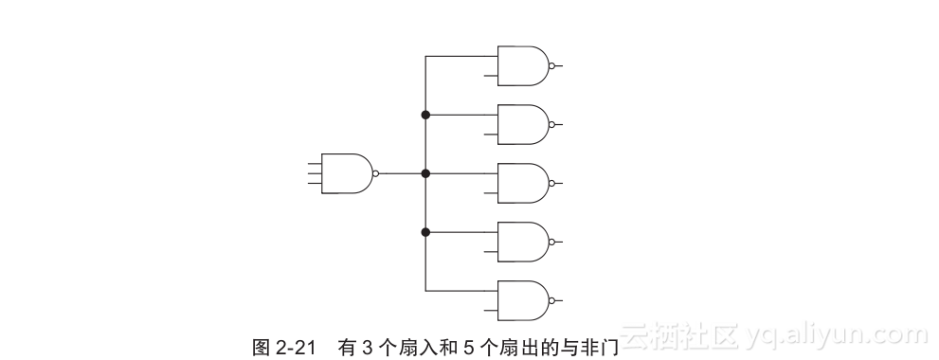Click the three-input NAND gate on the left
[x=347, y=173]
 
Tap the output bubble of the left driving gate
[x=376, y=173]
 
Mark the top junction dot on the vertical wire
[x=425, y=115]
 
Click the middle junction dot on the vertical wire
[x=425, y=173]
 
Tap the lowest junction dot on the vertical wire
[x=425, y=232]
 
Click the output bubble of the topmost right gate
[x=552, y=65]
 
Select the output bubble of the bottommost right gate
[x=552, y=300]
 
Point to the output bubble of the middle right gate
[x=552, y=183]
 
